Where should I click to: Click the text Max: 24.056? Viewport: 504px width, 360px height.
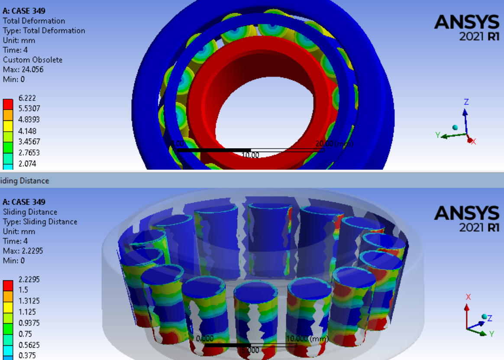[x=23, y=69]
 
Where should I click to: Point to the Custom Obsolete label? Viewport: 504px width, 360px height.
[x=32, y=60]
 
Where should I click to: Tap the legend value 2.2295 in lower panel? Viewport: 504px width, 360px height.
[x=29, y=279]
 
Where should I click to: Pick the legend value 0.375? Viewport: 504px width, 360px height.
[x=27, y=356]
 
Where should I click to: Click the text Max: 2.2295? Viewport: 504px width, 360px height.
[x=23, y=251]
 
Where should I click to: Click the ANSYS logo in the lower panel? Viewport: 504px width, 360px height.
[x=466, y=218]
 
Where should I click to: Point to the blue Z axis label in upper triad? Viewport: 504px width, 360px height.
[x=466, y=102]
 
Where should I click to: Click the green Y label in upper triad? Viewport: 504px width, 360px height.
[x=438, y=135]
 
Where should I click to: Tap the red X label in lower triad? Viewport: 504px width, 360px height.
[x=468, y=297]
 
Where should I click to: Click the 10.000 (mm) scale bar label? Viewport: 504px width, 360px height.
[x=305, y=338]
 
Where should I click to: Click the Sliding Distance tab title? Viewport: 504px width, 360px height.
[x=25, y=181]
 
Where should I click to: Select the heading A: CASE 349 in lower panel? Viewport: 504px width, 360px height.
[x=24, y=202]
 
